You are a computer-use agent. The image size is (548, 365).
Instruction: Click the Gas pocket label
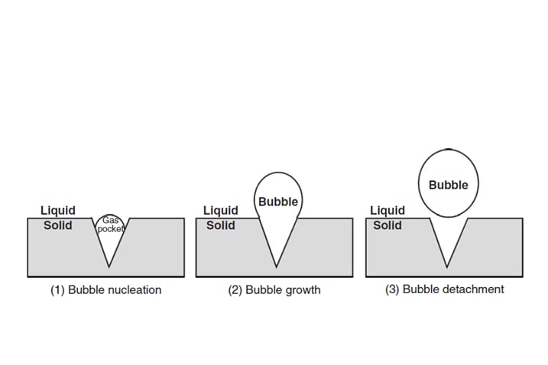click(x=110, y=224)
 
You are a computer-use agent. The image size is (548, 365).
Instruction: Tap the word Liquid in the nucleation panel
click(x=58, y=210)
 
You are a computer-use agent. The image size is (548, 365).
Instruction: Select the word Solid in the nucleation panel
click(x=58, y=225)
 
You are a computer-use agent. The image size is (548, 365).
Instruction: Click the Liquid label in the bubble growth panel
click(x=221, y=210)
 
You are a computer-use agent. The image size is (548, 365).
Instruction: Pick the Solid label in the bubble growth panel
click(x=221, y=225)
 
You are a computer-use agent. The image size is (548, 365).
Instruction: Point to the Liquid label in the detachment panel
click(x=387, y=210)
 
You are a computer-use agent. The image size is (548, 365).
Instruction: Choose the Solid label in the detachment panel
click(x=387, y=225)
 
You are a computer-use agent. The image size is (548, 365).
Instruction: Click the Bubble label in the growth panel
click(x=278, y=202)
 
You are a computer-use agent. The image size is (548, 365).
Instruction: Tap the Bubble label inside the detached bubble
click(x=449, y=185)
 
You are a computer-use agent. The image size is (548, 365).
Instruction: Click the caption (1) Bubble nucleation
click(x=106, y=290)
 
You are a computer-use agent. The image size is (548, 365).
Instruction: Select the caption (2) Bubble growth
click(x=274, y=290)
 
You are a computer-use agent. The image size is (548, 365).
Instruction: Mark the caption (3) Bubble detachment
click(x=445, y=289)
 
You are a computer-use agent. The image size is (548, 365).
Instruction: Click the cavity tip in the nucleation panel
click(x=109, y=267)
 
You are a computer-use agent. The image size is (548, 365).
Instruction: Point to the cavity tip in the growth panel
click(x=276, y=267)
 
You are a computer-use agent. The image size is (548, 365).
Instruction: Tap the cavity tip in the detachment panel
click(x=447, y=267)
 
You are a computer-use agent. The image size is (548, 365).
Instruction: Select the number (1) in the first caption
click(x=57, y=290)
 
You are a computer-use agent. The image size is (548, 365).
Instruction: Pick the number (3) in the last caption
click(x=392, y=289)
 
